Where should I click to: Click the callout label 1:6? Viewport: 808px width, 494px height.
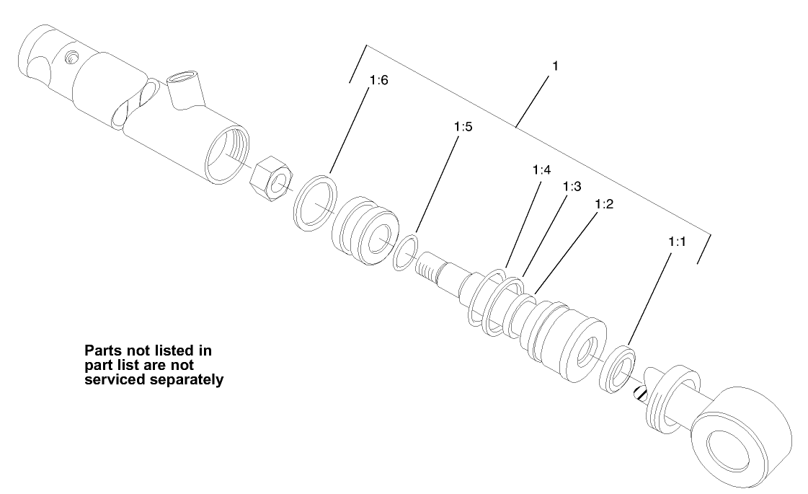pyautogui.click(x=378, y=80)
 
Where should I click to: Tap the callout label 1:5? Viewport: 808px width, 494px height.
pyautogui.click(x=463, y=127)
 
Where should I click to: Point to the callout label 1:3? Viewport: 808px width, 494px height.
pyautogui.click(x=572, y=186)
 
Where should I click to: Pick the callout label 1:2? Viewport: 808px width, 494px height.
pyautogui.click(x=604, y=204)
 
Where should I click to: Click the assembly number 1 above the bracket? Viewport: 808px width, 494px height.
pyautogui.click(x=555, y=66)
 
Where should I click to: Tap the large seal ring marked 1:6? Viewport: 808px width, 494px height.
pyautogui.click(x=316, y=202)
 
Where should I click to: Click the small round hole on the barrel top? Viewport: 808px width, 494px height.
pyautogui.click(x=71, y=56)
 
